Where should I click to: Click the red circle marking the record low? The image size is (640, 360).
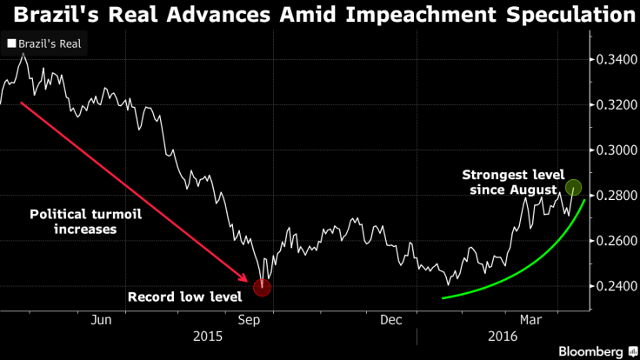pyautogui.click(x=262, y=287)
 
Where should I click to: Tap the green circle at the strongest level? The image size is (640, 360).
pyautogui.click(x=573, y=187)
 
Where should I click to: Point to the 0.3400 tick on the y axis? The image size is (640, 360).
pyautogui.click(x=616, y=60)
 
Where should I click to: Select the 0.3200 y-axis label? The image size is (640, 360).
pyautogui.click(x=616, y=105)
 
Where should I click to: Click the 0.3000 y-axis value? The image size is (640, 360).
pyautogui.click(x=616, y=150)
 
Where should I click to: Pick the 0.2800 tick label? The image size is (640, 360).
pyautogui.click(x=616, y=196)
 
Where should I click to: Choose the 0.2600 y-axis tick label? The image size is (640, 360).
pyautogui.click(x=616, y=241)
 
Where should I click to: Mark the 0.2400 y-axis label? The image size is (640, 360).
pyautogui.click(x=616, y=286)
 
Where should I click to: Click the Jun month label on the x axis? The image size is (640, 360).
pyautogui.click(x=101, y=320)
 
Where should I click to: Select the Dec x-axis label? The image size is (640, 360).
pyautogui.click(x=390, y=320)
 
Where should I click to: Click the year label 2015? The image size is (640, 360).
pyautogui.click(x=208, y=337)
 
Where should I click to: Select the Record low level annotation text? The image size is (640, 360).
pyautogui.click(x=184, y=297)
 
